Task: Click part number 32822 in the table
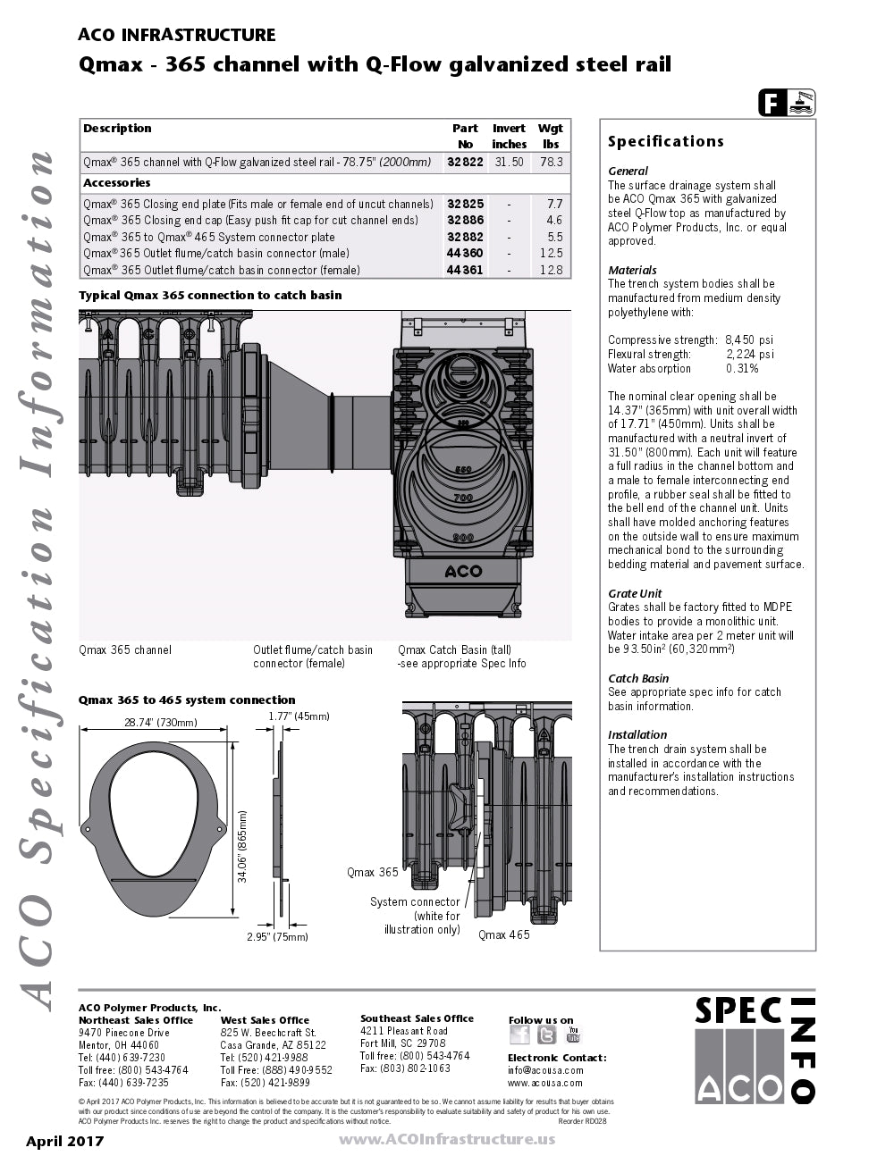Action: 465,163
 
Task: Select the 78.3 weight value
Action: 552,163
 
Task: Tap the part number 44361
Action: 465,270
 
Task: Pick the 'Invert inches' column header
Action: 509,136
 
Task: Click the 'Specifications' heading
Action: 665,141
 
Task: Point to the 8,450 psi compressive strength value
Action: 749,339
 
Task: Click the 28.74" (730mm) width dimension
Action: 161,723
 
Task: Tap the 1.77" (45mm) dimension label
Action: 299,716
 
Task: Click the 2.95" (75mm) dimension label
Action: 277,937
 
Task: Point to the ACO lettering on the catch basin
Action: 463,571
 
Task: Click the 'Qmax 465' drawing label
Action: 503,935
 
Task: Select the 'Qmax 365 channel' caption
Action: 125,649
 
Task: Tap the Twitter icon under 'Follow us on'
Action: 546,1035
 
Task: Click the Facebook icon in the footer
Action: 519,1035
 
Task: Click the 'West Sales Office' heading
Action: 265,1020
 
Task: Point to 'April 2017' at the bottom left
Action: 64,1141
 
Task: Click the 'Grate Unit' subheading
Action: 635,593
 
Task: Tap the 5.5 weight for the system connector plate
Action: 555,237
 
